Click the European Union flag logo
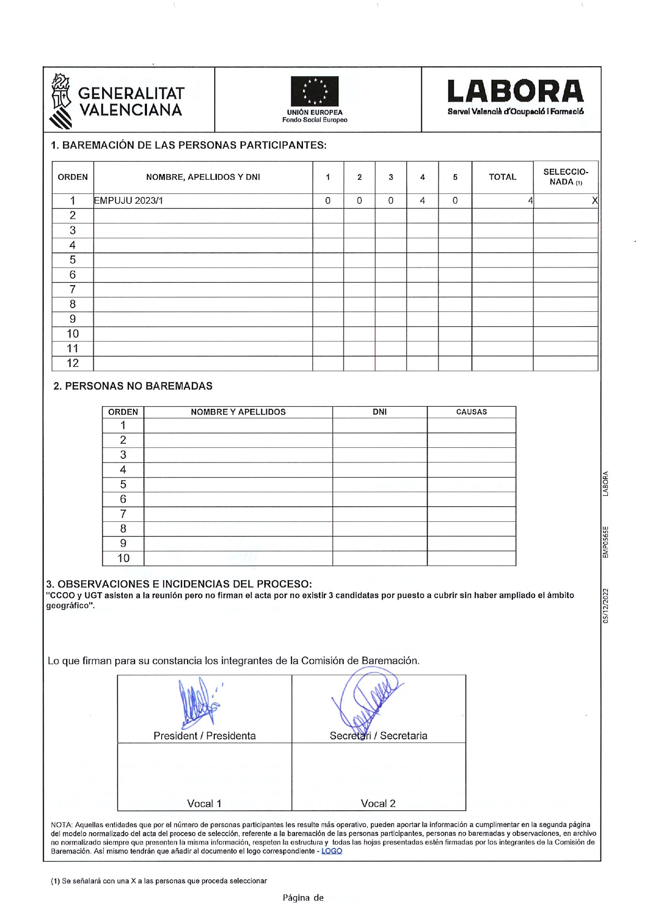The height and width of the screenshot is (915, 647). click(x=314, y=91)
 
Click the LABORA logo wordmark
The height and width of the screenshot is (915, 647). click(x=515, y=92)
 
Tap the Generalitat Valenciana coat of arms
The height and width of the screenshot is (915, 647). click(x=61, y=101)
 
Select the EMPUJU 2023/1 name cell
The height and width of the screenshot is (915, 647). click(x=128, y=201)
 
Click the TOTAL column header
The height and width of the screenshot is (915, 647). click(x=502, y=177)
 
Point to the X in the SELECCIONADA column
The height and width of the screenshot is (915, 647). click(x=594, y=201)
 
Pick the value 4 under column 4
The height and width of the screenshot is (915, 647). click(x=422, y=201)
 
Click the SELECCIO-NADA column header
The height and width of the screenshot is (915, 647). click(x=566, y=177)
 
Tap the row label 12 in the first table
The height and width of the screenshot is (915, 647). click(x=72, y=363)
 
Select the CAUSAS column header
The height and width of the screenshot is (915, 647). click(x=471, y=412)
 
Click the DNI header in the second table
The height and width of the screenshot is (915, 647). click(x=380, y=412)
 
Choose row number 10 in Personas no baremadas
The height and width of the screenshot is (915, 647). click(x=123, y=558)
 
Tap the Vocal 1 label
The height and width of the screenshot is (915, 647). click(x=204, y=803)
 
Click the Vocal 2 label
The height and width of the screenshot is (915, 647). click(x=378, y=803)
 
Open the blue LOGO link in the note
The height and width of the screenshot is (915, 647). click(x=332, y=851)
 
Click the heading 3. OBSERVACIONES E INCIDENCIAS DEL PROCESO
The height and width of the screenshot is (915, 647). click(x=179, y=584)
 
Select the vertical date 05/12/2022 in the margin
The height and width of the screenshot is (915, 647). click(x=605, y=606)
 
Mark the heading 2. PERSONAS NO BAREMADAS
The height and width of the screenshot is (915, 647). click(x=133, y=386)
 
